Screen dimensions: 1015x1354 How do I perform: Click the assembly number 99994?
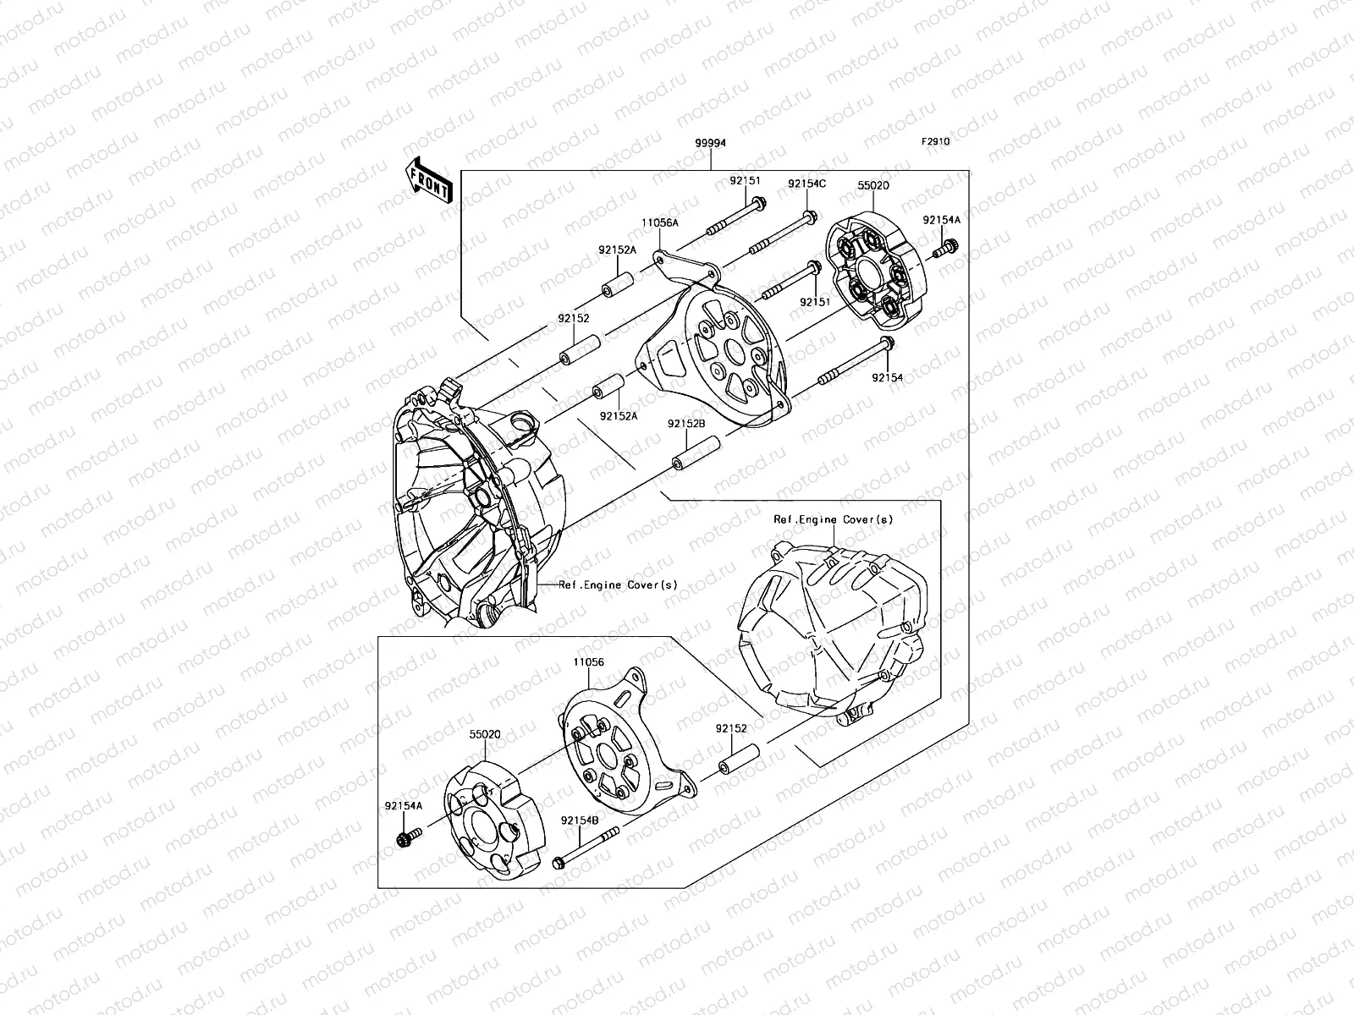point(709,144)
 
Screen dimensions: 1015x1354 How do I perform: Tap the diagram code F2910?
point(936,142)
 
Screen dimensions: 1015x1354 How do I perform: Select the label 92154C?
point(806,183)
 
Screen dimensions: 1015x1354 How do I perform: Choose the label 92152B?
point(686,424)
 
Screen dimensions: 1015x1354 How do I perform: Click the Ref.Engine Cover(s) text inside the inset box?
point(833,520)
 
